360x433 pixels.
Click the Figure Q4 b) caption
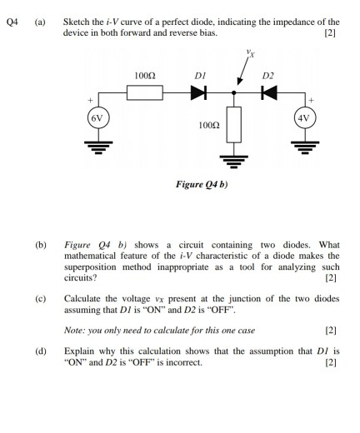[x=197, y=187]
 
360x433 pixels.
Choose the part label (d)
[x=41, y=351]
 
